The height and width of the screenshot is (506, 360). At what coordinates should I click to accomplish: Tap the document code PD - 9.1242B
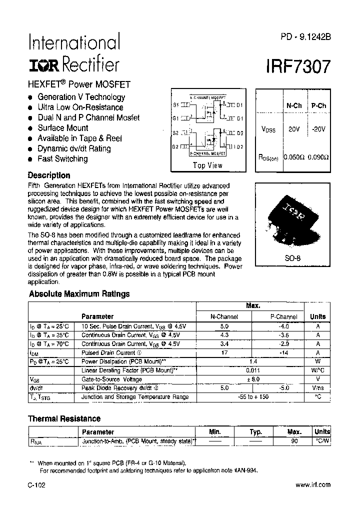[302, 36]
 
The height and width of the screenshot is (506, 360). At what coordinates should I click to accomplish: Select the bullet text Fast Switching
[62, 159]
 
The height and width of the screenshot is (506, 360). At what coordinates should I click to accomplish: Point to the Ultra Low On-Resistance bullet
[80, 107]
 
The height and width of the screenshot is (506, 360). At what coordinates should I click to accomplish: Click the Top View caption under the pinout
[207, 165]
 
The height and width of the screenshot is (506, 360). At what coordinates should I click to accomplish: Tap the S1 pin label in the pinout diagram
[175, 105]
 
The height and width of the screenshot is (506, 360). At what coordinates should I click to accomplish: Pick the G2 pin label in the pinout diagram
[175, 146]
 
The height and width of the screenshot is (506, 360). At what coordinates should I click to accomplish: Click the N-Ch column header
[293, 105]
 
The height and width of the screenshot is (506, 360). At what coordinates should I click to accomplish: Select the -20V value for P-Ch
[318, 129]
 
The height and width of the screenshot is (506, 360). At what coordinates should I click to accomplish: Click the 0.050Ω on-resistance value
[293, 157]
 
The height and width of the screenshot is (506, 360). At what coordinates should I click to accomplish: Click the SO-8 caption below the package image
[292, 259]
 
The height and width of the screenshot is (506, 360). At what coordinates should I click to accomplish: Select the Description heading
[49, 175]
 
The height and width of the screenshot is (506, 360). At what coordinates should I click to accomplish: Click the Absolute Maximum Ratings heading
[79, 294]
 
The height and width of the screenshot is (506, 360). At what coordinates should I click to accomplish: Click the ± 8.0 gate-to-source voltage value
[252, 379]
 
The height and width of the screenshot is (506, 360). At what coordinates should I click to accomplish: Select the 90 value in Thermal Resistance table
[294, 441]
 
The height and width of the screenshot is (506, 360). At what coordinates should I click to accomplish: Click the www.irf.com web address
[313, 484]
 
